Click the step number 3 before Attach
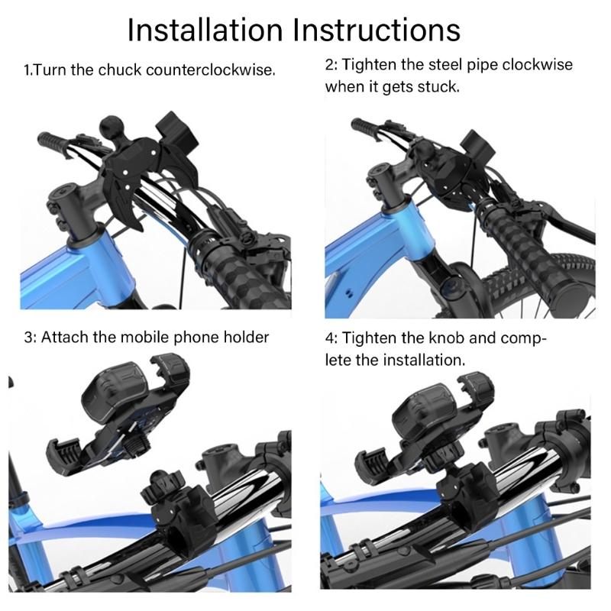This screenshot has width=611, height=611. pos(28,337)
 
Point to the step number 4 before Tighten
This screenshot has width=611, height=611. pos(330,337)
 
